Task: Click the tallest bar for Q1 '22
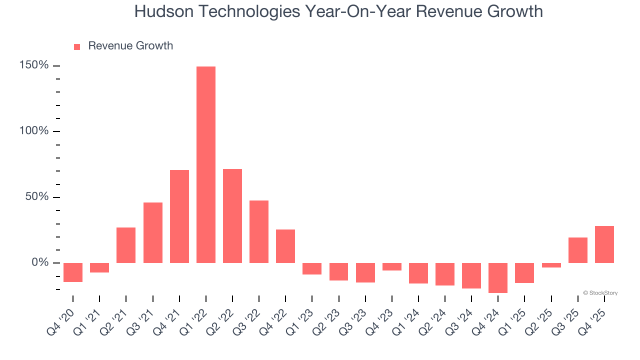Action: (206, 165)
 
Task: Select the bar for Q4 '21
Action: (179, 216)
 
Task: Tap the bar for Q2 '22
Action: (232, 216)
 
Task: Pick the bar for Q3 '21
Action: (153, 233)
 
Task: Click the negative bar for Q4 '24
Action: (498, 278)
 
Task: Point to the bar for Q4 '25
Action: (604, 244)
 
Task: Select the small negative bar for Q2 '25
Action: (551, 265)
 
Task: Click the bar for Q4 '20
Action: (73, 272)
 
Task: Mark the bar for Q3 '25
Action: (578, 250)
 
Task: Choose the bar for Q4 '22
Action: (285, 246)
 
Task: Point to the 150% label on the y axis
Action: (34, 65)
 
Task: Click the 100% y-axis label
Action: (34, 131)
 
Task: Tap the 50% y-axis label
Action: (37, 197)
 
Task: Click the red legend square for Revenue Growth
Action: (77, 47)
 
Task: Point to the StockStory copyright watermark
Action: (600, 293)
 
